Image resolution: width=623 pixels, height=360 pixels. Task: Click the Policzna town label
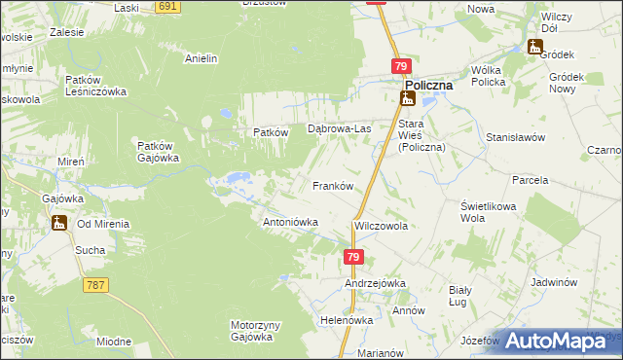429,85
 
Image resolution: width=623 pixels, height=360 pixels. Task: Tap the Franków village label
331,185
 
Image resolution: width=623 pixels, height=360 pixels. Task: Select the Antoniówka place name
291,222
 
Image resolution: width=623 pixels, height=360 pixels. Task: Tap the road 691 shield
167,6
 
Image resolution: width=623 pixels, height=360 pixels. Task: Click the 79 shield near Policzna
401,65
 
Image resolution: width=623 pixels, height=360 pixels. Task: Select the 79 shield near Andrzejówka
353,257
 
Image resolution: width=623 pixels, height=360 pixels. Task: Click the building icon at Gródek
536,46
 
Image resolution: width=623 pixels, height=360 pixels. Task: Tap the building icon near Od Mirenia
60,223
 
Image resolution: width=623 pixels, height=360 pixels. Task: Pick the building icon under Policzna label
409,99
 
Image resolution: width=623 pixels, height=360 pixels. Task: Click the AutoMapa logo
564,340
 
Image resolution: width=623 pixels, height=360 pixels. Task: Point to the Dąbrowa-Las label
340,128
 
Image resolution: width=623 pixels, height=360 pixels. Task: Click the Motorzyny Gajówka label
252,331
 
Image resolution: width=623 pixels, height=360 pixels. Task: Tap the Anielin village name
201,58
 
